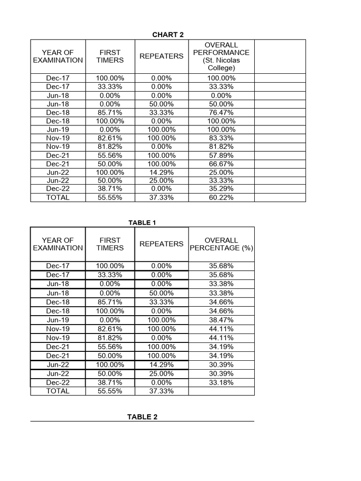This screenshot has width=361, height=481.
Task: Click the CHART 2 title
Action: pos(165,34)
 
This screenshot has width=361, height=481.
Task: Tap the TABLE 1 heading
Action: pos(142,222)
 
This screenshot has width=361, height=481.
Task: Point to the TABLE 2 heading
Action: pos(142,417)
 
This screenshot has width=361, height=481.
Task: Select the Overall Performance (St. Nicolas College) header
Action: pos(221,56)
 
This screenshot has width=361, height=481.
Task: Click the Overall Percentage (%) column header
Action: pos(221,244)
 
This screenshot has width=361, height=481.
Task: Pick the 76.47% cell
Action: pos(221,112)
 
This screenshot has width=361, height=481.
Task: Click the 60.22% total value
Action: pos(221,197)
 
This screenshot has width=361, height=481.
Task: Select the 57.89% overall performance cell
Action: pos(221,155)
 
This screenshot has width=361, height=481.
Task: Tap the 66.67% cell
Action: pos(221,163)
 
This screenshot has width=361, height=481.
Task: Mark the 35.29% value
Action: pos(221,189)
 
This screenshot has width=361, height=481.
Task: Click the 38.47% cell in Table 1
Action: pos(221,320)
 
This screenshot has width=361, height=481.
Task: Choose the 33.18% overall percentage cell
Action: pos(221,382)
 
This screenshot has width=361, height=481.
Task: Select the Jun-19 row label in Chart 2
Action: pos(58,129)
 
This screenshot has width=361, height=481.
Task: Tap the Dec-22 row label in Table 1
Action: pos(58,382)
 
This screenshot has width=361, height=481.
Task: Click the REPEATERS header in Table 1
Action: pos(161,244)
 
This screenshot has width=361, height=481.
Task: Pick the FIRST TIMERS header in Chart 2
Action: pos(110,56)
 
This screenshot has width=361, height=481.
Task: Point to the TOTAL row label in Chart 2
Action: pos(58,197)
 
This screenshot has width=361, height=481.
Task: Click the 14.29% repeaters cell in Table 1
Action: pos(161,365)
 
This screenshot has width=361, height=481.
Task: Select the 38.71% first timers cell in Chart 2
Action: pos(110,189)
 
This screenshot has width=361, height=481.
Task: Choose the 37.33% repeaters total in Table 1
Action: pos(161,391)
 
